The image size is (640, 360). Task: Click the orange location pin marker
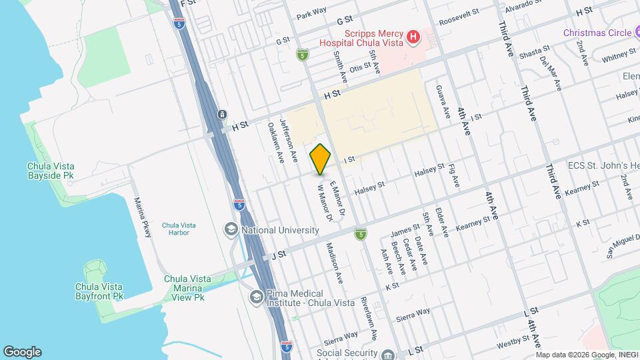(x=321, y=159)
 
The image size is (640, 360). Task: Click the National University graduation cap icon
(x=231, y=230)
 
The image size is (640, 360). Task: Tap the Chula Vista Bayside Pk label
(x=51, y=171)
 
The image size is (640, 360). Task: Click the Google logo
(x=22, y=352)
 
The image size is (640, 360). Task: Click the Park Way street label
(x=312, y=11)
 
